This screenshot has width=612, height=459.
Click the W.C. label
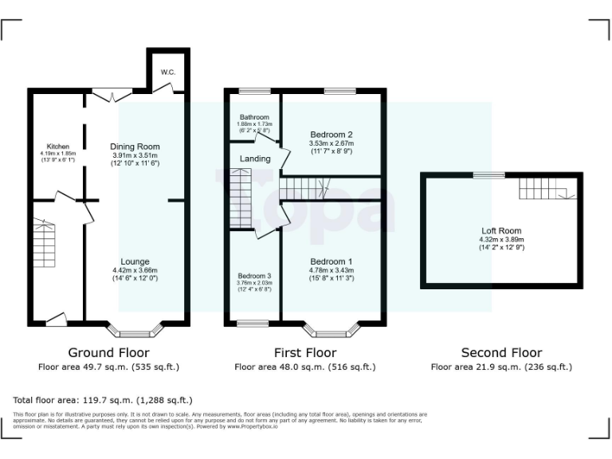click(167, 72)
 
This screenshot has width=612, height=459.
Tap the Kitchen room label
click(57, 147)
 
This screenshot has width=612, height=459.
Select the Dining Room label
click(135, 147)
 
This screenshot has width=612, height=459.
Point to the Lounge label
click(135, 261)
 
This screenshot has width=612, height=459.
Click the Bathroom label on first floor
click(253, 117)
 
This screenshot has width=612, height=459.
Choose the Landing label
click(255, 159)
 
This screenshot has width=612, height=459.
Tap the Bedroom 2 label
click(331, 135)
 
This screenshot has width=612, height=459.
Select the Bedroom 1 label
click(331, 261)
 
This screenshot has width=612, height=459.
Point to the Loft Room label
click(501, 231)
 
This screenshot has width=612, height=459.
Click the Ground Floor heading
click(108, 352)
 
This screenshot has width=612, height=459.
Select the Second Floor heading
click(501, 352)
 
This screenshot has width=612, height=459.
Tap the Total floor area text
click(103, 400)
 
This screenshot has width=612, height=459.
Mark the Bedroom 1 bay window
click(331, 329)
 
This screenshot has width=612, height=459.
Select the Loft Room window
click(488, 175)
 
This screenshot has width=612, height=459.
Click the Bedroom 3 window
click(253, 323)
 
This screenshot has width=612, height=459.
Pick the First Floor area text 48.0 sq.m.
click(305, 367)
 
